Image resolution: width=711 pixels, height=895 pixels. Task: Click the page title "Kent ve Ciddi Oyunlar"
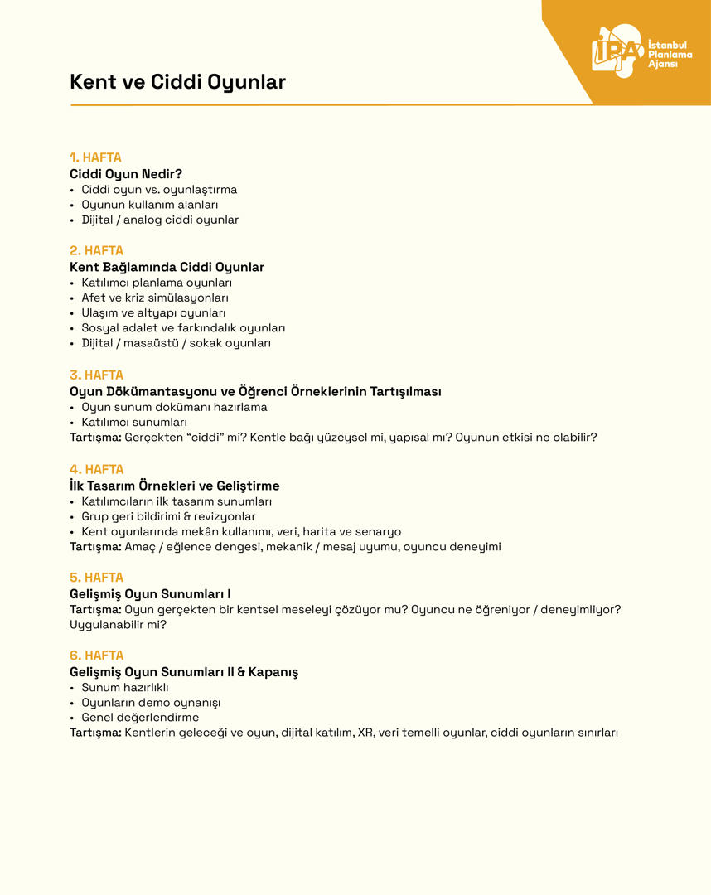[x=177, y=82]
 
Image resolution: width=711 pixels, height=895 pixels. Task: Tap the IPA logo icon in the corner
[x=617, y=51]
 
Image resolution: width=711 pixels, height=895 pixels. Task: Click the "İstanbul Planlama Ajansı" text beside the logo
[x=670, y=54]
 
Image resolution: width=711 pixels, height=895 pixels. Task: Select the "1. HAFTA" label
[x=95, y=157]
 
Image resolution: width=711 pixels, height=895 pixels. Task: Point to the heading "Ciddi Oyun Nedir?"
[x=126, y=174]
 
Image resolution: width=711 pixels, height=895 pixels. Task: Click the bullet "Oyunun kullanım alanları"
[x=149, y=205]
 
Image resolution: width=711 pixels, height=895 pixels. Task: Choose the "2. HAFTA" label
[x=96, y=250]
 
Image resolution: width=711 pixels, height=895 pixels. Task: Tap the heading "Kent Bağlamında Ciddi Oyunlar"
[x=167, y=267]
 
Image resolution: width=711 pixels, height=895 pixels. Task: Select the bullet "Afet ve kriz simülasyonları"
[x=155, y=298]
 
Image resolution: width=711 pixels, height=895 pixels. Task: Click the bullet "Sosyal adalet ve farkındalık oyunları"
[x=183, y=328]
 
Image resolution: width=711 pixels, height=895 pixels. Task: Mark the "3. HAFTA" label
[x=96, y=375]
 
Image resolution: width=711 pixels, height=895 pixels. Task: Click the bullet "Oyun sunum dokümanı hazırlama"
[x=174, y=407]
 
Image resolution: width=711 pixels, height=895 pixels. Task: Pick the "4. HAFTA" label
[x=96, y=469]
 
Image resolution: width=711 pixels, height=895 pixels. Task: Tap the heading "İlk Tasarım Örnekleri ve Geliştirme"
[x=175, y=486]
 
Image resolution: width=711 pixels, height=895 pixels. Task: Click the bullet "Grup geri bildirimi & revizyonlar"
[x=168, y=516]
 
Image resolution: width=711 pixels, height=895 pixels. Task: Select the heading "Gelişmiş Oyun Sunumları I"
[x=150, y=593]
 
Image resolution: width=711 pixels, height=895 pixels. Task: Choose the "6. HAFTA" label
[x=96, y=656]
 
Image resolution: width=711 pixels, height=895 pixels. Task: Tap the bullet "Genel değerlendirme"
[x=140, y=718]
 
